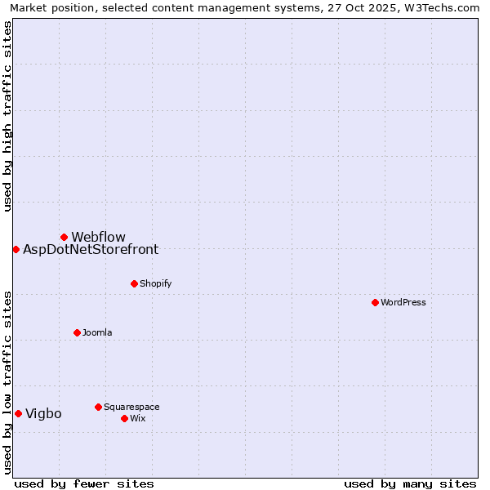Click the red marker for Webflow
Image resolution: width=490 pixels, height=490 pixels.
coord(64,237)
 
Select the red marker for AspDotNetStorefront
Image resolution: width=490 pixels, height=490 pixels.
coord(16,249)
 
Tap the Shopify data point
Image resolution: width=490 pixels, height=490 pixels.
coord(134,283)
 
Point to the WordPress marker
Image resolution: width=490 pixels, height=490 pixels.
coord(375,302)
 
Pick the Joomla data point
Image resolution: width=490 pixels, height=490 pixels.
coord(77,332)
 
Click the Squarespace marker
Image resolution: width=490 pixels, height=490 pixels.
coord(98,407)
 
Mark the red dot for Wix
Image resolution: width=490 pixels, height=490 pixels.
coord(124,418)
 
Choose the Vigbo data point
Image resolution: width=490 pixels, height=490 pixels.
coord(18,413)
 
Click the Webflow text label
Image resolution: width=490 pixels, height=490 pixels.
coord(98,238)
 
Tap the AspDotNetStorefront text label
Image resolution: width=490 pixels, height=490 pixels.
coord(91,250)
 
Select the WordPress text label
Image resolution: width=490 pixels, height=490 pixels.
coord(403,302)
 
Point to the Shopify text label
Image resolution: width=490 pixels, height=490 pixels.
coord(155,283)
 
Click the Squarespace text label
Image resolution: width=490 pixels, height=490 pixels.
coord(131,407)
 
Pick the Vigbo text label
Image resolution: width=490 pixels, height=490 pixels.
coord(43,414)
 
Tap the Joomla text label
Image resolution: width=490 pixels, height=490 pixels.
coord(97,332)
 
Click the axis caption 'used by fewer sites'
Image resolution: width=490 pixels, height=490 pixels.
coord(84,483)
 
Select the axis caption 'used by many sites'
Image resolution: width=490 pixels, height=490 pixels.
coord(410,483)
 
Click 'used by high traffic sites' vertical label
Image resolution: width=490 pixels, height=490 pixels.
coord(7,116)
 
